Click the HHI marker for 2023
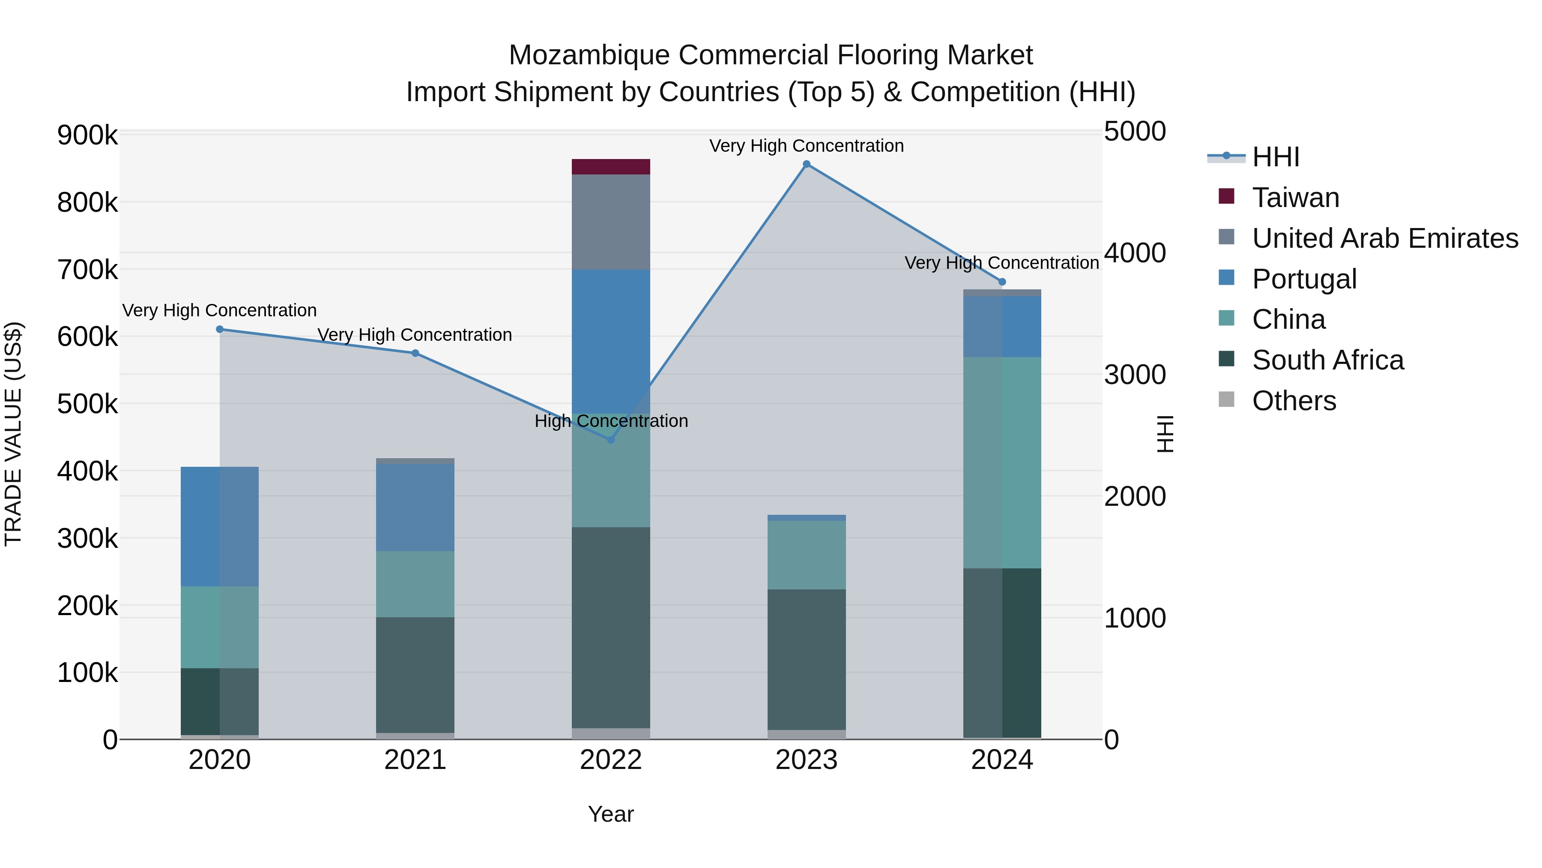pos(806,164)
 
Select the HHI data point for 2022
pos(610,440)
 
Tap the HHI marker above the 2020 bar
pos(220,329)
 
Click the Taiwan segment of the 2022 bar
pos(610,167)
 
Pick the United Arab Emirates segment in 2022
pos(610,222)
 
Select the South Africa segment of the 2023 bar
pos(806,659)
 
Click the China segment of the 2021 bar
pos(415,584)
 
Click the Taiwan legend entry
pos(1295,198)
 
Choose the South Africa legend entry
pos(1327,360)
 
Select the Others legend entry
pos(1294,401)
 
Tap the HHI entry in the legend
pos(1275,157)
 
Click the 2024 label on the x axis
pos(1001,760)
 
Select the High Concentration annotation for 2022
pos(610,421)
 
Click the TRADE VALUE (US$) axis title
pos(13,434)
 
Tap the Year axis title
pos(610,814)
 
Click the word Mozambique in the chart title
pos(589,55)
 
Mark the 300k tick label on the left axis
pos(87,538)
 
